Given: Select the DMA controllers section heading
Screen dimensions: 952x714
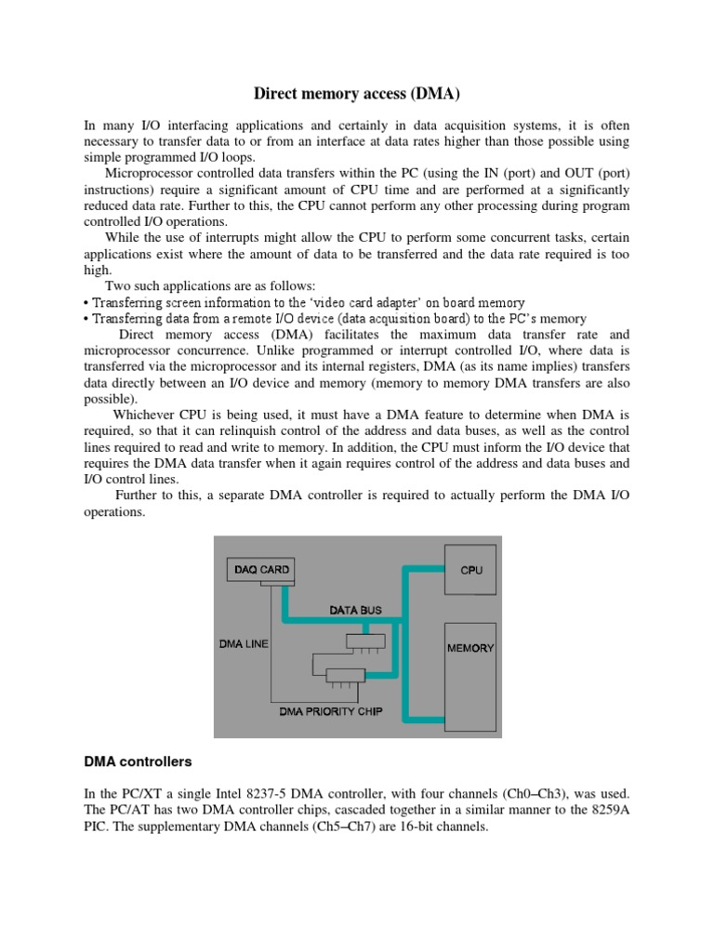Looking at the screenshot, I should click(138, 761).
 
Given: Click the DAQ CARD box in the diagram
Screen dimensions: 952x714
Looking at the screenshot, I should click(261, 569).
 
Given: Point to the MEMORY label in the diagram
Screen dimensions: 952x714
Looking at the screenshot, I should click(471, 647).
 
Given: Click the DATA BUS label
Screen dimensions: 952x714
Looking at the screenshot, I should click(355, 611).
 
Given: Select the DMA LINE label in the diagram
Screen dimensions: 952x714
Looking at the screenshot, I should click(244, 642).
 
